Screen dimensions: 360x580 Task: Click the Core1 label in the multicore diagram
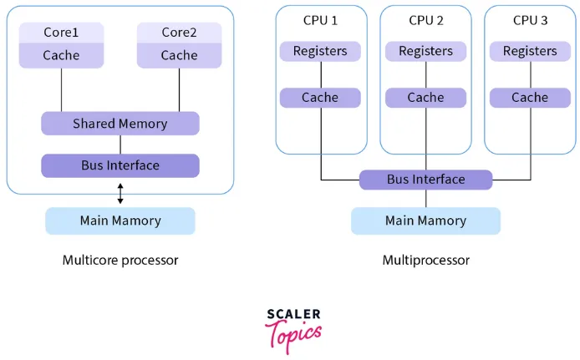(x=61, y=33)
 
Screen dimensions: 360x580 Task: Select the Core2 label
(x=179, y=33)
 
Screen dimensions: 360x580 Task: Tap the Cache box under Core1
(x=61, y=55)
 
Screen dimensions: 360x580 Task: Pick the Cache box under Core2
(x=179, y=55)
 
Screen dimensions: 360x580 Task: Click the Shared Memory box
(x=120, y=124)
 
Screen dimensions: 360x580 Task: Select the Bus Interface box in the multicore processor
(x=120, y=165)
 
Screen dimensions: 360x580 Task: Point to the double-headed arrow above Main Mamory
(x=120, y=194)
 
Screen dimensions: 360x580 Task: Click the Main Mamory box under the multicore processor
(x=120, y=221)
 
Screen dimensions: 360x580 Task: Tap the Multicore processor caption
(x=120, y=260)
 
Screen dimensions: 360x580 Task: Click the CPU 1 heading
(x=320, y=20)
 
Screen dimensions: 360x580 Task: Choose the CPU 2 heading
(x=425, y=20)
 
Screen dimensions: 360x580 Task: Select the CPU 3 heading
(x=530, y=20)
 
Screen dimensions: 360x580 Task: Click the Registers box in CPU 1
(x=320, y=51)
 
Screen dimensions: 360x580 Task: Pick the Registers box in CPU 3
(x=530, y=51)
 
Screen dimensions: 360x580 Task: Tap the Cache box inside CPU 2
(x=425, y=98)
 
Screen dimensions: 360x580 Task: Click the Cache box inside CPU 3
(x=530, y=98)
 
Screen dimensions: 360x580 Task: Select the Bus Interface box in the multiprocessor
(x=425, y=180)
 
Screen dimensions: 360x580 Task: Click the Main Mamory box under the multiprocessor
(x=425, y=221)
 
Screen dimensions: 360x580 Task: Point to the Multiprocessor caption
(x=425, y=260)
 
